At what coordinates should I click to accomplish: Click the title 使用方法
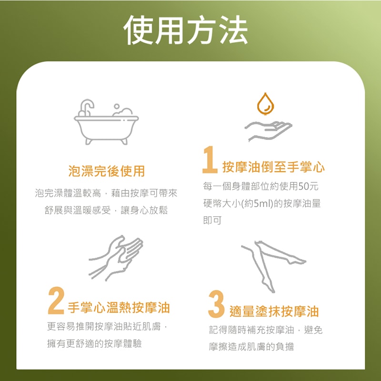click(x=186, y=30)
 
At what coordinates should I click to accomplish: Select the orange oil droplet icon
click(x=265, y=104)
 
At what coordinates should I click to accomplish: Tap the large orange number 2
click(x=56, y=301)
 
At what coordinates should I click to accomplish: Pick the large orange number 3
click(x=216, y=304)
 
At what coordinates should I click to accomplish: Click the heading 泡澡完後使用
click(x=106, y=171)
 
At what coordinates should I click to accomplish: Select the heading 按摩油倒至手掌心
click(x=273, y=167)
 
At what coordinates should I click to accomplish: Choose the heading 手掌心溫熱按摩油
click(x=119, y=307)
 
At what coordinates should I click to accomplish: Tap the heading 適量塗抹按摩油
click(x=274, y=311)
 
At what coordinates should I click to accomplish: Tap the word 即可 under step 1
click(x=212, y=221)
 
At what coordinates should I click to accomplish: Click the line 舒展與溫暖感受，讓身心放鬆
click(x=106, y=210)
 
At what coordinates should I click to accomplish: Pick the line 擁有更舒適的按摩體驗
click(x=94, y=343)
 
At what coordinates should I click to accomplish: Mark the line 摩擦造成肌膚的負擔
click(x=251, y=347)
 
